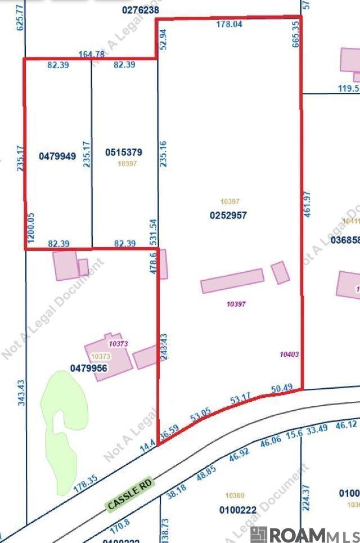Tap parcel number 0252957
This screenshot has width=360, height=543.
pyautogui.click(x=228, y=215)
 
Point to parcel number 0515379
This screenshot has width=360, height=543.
pyautogui.click(x=124, y=152)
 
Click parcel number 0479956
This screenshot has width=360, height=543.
pyautogui.click(x=88, y=368)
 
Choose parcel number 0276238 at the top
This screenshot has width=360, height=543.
pyautogui.click(x=140, y=10)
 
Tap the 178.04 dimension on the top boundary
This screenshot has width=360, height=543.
pyautogui.click(x=229, y=24)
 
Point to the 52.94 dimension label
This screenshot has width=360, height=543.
pyautogui.click(x=164, y=40)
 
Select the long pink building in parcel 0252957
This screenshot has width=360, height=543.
pyautogui.click(x=232, y=280)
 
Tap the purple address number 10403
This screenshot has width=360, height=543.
pyautogui.click(x=288, y=354)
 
